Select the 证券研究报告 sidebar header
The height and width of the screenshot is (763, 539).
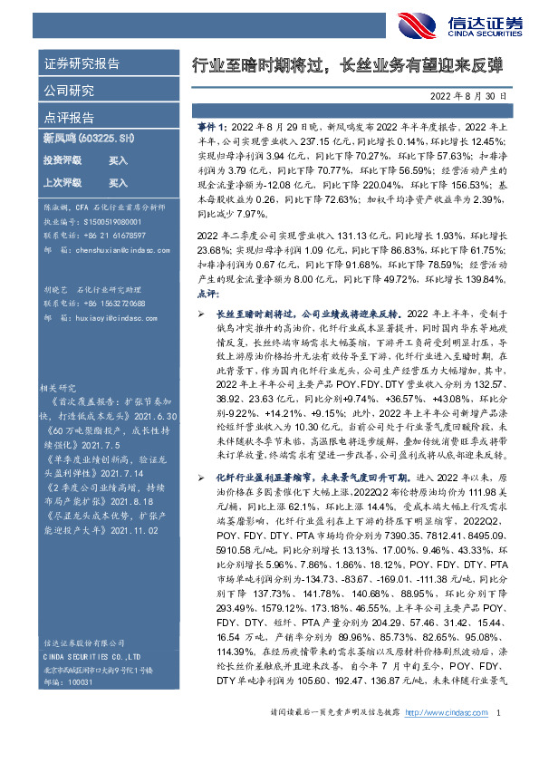coord(81,64)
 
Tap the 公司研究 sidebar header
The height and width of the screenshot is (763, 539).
coord(68,91)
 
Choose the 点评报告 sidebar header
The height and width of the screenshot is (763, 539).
coord(68,117)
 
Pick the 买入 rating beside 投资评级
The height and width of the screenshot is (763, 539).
coord(118,160)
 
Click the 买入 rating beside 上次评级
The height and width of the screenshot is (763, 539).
coord(118,182)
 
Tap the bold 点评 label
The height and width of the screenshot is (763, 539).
coord(207,295)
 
